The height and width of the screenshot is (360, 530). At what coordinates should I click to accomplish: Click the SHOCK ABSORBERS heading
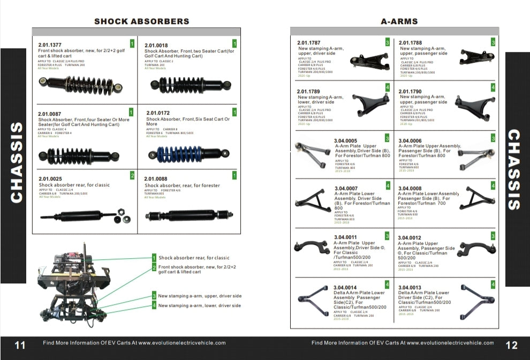coord(141,21)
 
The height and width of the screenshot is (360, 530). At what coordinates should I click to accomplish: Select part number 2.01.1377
coord(50,45)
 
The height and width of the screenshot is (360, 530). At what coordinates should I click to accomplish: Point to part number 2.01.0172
coord(158,113)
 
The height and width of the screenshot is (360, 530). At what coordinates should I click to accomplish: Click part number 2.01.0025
coord(50,178)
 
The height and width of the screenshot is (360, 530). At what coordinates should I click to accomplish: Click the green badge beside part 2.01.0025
coord(132,176)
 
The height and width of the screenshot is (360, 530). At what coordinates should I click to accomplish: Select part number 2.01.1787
coord(309,43)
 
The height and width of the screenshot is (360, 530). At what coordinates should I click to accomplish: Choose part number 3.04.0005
coord(345,141)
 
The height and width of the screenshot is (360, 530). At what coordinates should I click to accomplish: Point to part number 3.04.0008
coord(410,189)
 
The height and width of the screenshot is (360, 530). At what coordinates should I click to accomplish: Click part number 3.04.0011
coord(345,237)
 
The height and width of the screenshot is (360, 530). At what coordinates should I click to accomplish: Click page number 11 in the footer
coord(20,346)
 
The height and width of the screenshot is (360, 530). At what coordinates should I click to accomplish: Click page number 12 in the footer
coord(511,346)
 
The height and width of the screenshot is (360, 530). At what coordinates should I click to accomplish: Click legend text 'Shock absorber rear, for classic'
coord(194,258)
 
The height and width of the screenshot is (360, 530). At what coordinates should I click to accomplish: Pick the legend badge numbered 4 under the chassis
coord(154,306)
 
